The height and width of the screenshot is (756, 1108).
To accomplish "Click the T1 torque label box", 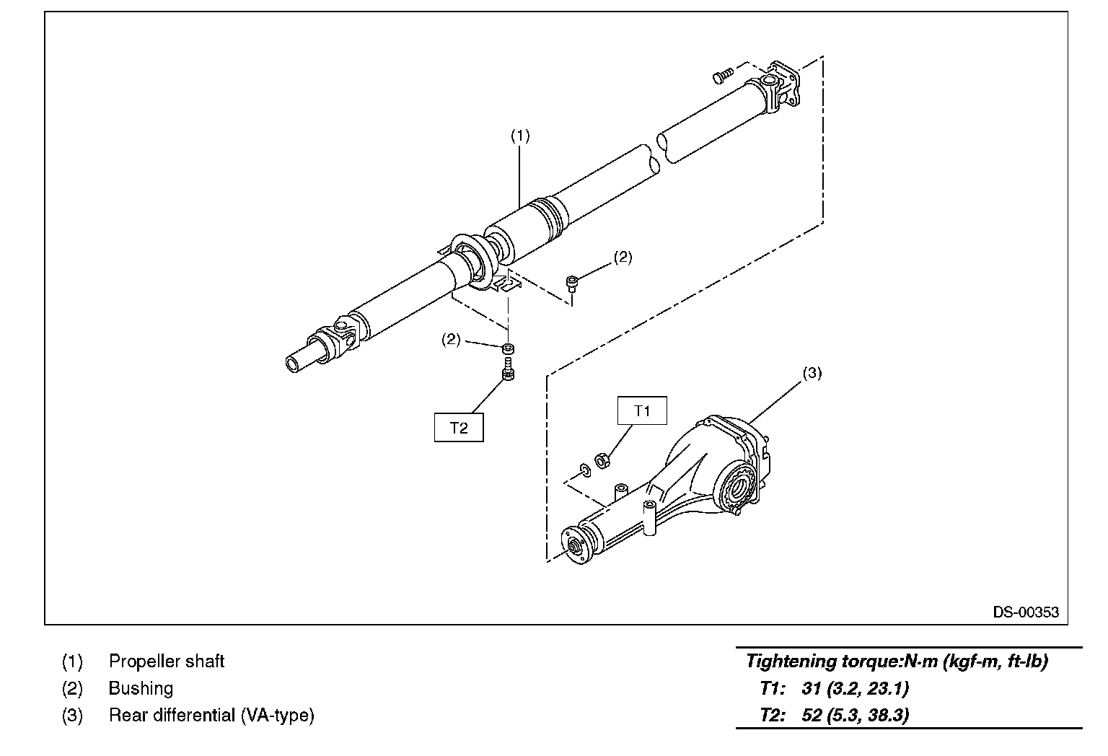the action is click(642, 410).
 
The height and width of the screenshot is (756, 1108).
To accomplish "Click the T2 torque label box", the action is click(459, 427).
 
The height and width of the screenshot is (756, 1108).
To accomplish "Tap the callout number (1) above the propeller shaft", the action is click(520, 135).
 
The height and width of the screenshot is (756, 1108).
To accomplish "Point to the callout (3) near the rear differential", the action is click(812, 373).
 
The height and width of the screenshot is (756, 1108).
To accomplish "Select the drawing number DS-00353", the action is click(1026, 612).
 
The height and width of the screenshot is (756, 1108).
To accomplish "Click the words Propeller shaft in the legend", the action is click(167, 661).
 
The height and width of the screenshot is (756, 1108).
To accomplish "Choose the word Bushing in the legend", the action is click(141, 688).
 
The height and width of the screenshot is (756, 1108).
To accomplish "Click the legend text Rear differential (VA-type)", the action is click(211, 716).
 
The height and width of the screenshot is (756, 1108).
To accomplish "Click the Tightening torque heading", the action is click(897, 661).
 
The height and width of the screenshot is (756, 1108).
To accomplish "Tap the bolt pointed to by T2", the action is click(508, 374).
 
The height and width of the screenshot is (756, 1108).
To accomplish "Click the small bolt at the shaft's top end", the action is click(722, 74).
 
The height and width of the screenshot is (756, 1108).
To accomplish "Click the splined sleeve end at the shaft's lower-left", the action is click(299, 361).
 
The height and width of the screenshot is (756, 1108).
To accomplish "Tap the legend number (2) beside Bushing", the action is click(72, 688).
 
